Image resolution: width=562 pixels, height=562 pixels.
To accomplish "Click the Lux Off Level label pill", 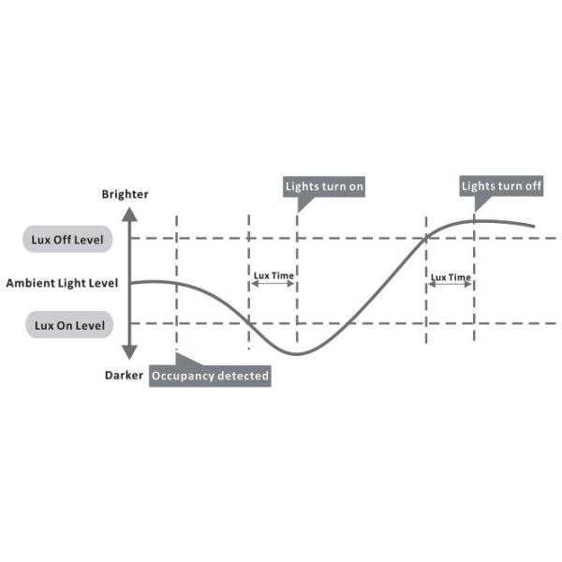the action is tap(67, 239).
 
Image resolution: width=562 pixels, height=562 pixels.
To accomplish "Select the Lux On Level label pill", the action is tap(69, 325).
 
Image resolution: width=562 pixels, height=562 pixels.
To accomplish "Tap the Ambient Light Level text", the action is tap(62, 283).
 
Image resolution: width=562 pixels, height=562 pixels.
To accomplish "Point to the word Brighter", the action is tap(125, 194).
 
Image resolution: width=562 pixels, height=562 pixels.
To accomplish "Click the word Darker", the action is tap(124, 376).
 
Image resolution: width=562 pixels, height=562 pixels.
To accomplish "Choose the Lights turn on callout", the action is tap(324, 186).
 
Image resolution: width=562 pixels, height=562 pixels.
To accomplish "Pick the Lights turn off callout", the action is tap(501, 186).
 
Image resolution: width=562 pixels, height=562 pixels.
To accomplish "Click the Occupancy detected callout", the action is tap(210, 376).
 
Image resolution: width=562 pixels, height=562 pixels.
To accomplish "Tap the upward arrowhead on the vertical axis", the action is tap(129, 214).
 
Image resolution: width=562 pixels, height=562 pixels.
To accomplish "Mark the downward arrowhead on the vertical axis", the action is tap(129, 352).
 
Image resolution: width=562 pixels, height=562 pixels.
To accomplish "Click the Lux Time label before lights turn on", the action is tap(274, 275).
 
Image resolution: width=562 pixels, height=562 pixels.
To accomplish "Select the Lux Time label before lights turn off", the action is tap(451, 277).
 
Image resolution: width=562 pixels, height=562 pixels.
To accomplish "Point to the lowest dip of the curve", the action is tap(297, 354).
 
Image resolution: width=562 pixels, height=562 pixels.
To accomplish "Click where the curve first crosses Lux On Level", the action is tap(249, 323).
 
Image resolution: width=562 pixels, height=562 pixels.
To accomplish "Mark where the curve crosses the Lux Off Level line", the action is tap(426, 238).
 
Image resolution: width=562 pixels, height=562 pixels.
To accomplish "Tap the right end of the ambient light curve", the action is tap(535, 227).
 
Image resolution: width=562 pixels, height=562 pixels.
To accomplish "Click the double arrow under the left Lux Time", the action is tap(274, 284).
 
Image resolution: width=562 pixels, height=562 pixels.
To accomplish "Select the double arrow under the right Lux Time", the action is tap(450, 284).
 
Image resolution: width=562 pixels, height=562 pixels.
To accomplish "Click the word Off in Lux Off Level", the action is tap(62, 240).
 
